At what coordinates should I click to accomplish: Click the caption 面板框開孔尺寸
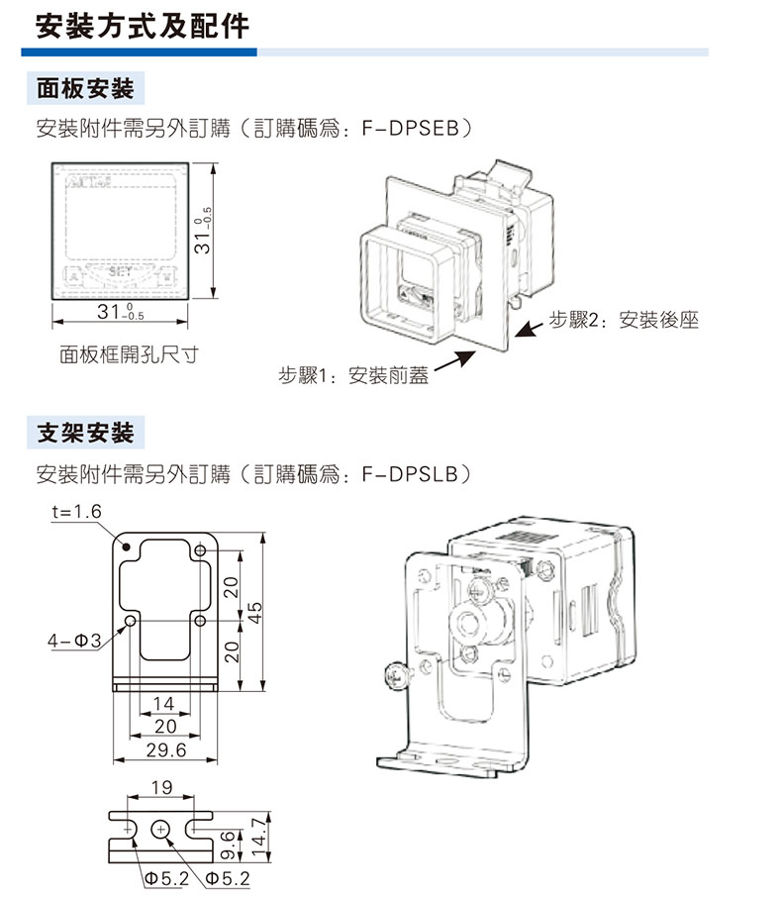pyautogui.click(x=128, y=353)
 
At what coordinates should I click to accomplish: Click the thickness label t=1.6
pyautogui.click(x=75, y=512)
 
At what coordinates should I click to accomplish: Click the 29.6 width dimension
pyautogui.click(x=165, y=750)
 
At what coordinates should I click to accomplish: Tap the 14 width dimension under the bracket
pyautogui.click(x=164, y=703)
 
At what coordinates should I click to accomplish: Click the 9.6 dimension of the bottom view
pyautogui.click(x=229, y=844)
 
